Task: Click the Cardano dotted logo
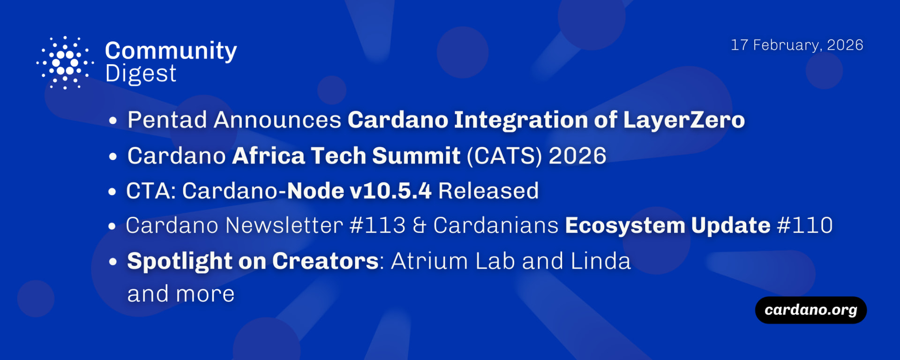[x=65, y=62]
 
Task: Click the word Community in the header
[x=171, y=51]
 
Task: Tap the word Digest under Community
[x=141, y=74]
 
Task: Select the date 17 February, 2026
[x=797, y=45]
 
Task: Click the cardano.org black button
[x=811, y=310]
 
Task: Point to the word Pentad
[x=167, y=120]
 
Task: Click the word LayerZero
[x=684, y=120]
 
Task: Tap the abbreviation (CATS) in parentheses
[x=504, y=156]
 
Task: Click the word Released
[x=488, y=191]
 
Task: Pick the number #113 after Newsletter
[x=378, y=225]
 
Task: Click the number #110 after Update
[x=805, y=225]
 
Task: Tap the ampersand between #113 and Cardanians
[x=420, y=225]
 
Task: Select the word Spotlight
[x=180, y=262]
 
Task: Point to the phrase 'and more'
[x=181, y=294]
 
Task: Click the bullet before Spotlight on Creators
[x=112, y=262]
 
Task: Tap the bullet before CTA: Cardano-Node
[x=112, y=192]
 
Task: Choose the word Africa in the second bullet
[x=268, y=156]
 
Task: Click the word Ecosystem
[x=625, y=226]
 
